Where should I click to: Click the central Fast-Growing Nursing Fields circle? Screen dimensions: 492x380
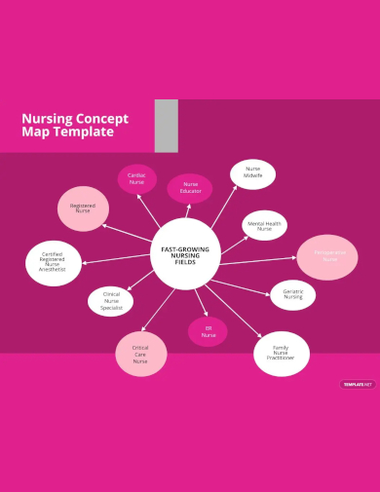pos(185,255)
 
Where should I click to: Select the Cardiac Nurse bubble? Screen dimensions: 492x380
pos(136,178)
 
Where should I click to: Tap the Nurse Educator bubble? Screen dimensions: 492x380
pos(190,188)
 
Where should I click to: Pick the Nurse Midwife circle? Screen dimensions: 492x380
pos(252,173)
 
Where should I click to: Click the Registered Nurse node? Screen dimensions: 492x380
pos(83,208)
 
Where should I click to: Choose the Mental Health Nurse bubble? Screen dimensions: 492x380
pos(264,225)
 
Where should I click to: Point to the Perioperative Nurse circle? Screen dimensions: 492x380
pos(327,257)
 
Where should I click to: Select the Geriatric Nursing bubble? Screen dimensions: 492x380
pos(292,294)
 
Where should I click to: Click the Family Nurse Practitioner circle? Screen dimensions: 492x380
pos(281,353)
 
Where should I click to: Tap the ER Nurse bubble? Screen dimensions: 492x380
pos(208,331)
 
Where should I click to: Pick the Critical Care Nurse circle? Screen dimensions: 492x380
pos(141,353)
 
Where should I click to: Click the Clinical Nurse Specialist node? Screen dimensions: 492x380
pos(111,301)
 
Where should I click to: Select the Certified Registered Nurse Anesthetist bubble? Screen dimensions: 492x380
pos(54,262)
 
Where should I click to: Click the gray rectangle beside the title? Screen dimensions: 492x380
pos(166,126)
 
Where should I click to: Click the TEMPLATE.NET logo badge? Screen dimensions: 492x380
pos(358,384)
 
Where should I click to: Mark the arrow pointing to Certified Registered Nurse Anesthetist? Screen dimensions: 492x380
pos(117,259)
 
